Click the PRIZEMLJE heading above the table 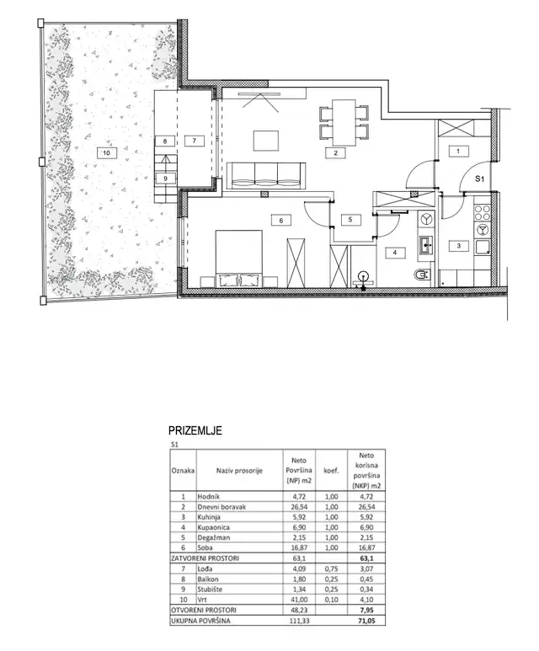195,430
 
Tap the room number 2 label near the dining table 336,153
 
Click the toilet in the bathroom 422,275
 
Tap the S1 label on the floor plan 479,179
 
